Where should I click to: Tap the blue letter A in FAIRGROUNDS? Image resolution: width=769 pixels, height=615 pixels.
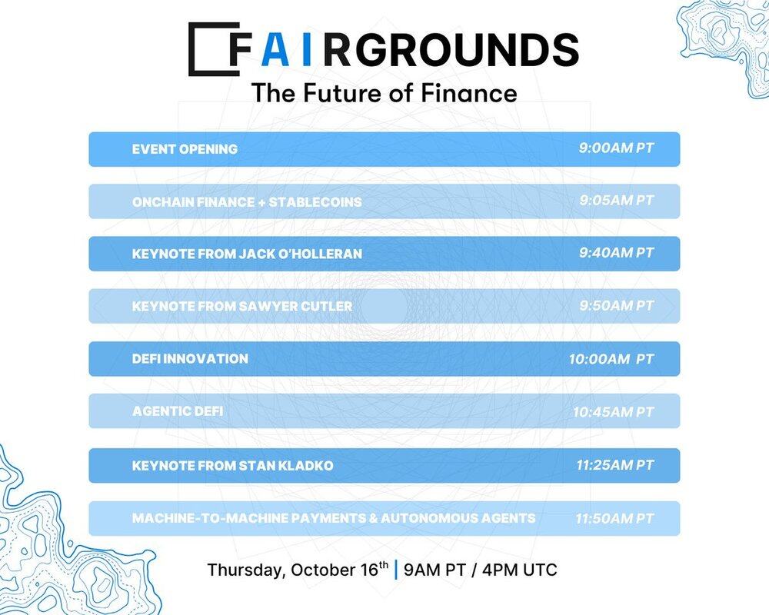[x=275, y=49]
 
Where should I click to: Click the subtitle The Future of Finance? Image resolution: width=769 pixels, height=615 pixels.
[x=384, y=93]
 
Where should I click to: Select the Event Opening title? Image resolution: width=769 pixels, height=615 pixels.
[x=185, y=149]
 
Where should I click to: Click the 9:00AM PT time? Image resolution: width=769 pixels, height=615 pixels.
[x=616, y=148]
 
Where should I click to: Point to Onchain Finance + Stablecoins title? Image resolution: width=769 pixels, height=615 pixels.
[x=247, y=201]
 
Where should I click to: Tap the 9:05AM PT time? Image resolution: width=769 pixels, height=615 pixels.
[x=617, y=201]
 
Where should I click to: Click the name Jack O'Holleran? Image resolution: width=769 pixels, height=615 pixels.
[x=300, y=254]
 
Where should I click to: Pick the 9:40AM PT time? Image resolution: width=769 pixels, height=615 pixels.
[x=616, y=253]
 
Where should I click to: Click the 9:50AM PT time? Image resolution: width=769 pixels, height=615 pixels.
[x=617, y=305]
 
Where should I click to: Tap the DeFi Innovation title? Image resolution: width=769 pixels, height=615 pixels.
[x=190, y=358]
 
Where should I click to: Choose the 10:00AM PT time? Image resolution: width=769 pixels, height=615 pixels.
[x=611, y=359]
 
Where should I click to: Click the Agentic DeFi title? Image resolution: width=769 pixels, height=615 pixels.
[x=178, y=411]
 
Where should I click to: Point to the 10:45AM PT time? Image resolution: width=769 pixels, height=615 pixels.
[x=613, y=412]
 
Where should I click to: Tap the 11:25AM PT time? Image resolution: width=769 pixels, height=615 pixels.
[x=615, y=464]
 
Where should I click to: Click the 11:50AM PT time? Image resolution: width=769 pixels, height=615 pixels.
[x=614, y=518]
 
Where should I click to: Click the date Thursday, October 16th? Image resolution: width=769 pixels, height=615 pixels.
[x=298, y=570]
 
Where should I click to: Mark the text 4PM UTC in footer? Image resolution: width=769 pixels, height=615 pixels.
[x=519, y=570]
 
